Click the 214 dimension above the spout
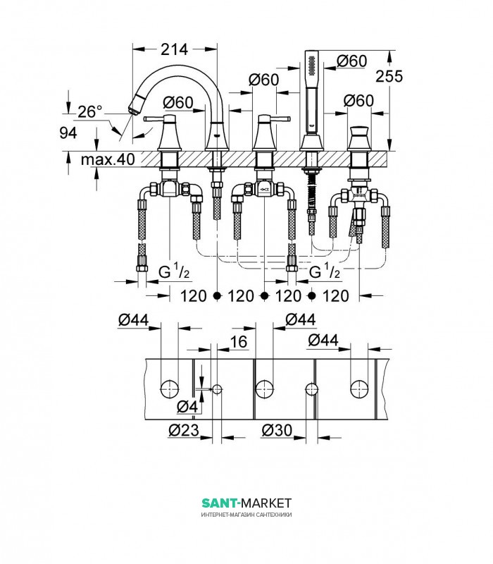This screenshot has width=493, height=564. [174, 49]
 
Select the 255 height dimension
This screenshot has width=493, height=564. [389, 76]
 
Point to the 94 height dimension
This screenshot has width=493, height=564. [68, 133]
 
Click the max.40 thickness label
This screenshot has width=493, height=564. [108, 159]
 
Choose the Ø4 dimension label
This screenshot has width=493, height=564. [187, 407]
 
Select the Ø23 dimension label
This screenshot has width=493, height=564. [184, 430]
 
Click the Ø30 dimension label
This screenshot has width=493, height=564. [277, 430]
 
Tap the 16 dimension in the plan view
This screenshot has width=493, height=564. [238, 342]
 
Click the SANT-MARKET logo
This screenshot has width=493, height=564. [246, 503]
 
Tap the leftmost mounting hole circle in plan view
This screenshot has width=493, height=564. [169, 389]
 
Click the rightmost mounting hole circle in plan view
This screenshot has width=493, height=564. [359, 389]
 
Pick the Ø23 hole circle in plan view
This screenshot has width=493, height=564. [217, 389]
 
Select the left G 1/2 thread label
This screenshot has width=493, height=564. [174, 272]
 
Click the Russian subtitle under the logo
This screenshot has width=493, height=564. [246, 515]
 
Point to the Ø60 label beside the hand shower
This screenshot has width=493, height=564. [351, 61]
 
